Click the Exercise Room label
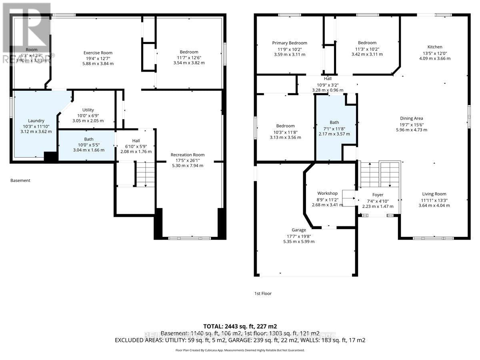[x=98, y=53]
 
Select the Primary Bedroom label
[x=290, y=43]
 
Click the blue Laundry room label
[x=36, y=121]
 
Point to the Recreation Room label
[x=187, y=155]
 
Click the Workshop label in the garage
[x=328, y=194]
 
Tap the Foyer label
[x=378, y=195]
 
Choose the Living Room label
[x=434, y=194]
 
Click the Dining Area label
[x=412, y=118]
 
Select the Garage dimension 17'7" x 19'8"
[x=299, y=236]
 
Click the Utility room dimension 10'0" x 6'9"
[x=88, y=115]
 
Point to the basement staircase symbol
[x=145, y=174]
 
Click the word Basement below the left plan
[x=20, y=180]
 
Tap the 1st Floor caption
[x=263, y=294]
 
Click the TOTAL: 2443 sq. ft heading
[x=240, y=326]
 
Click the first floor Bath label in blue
[x=334, y=123]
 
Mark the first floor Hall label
[x=328, y=79]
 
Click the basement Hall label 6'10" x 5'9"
[x=136, y=141]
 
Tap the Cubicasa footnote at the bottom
[x=240, y=350]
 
